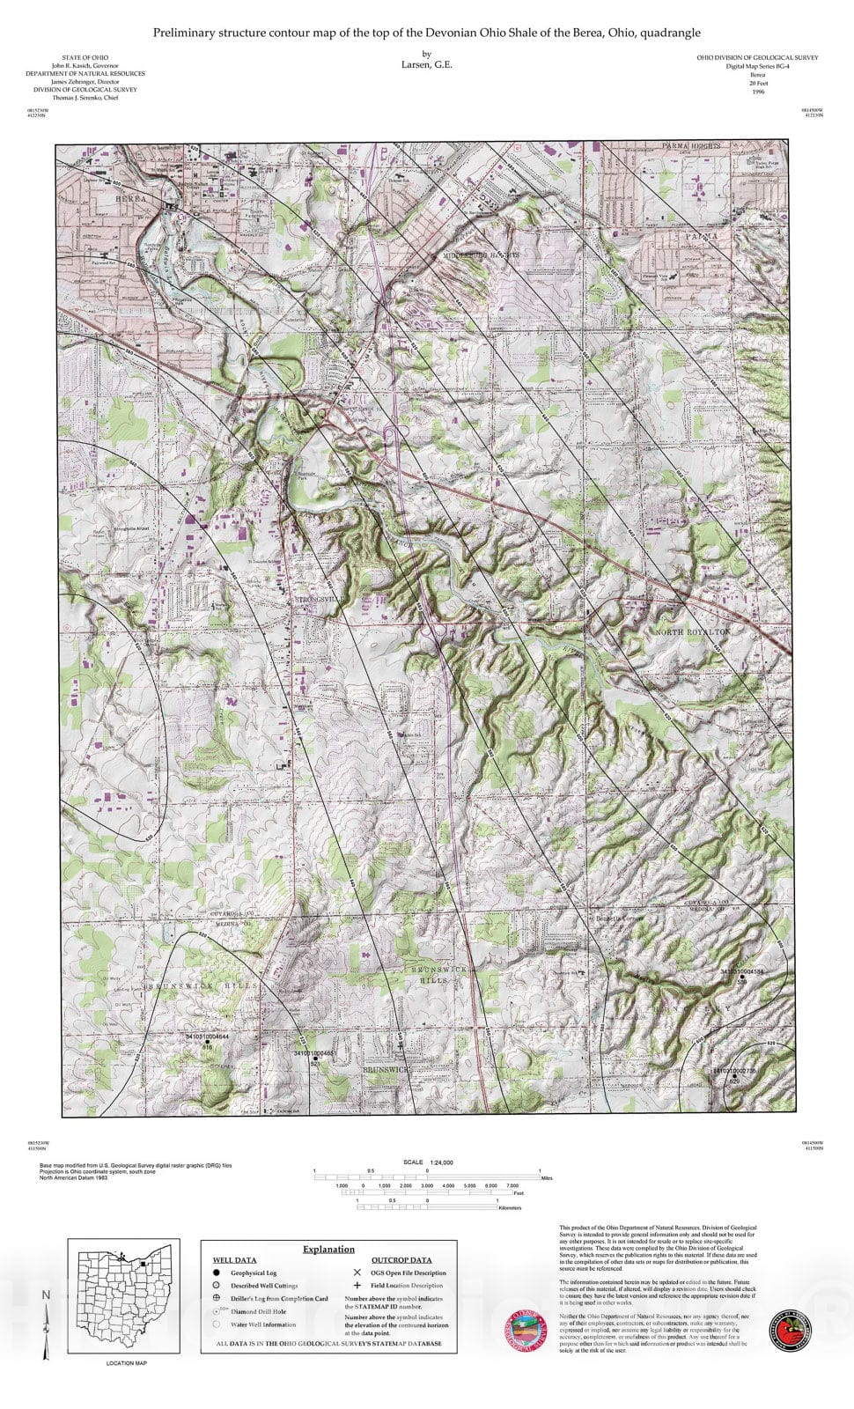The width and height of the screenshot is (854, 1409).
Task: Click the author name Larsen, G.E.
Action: pyautogui.click(x=427, y=64)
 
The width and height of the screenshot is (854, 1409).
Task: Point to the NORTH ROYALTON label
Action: pyautogui.click(x=693, y=632)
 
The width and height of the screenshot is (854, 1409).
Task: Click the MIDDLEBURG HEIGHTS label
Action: pyautogui.click(x=482, y=254)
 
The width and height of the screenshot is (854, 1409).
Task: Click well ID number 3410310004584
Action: pyautogui.click(x=743, y=971)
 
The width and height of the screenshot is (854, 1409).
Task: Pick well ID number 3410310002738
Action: pyautogui.click(x=734, y=1071)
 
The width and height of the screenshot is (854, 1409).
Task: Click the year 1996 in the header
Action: pyautogui.click(x=758, y=92)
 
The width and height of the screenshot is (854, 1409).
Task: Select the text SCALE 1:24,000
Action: pyautogui.click(x=429, y=1162)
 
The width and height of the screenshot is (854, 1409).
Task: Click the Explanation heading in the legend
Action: pyautogui.click(x=328, y=1249)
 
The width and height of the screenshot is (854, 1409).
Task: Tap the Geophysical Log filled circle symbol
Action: pyautogui.click(x=216, y=1273)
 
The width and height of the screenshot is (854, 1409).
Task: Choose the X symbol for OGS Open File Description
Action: pyautogui.click(x=357, y=1273)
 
